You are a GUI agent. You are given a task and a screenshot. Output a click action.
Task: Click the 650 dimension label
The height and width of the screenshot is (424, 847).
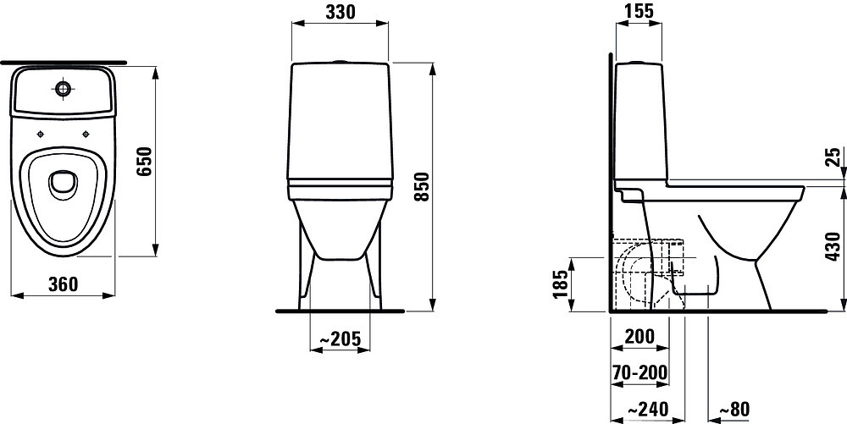145,162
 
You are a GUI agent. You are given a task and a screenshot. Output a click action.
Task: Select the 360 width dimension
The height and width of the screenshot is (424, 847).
64,284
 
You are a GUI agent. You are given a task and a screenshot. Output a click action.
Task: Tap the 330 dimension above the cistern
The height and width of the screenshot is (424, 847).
340,12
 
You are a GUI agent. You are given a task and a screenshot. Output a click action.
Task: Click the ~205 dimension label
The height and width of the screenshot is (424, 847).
340,339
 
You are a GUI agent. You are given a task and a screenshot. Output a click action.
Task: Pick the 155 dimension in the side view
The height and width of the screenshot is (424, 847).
639,11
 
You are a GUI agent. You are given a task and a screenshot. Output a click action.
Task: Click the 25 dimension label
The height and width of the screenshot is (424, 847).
834,157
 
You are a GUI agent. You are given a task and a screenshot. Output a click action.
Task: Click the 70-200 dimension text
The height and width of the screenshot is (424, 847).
640,372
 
